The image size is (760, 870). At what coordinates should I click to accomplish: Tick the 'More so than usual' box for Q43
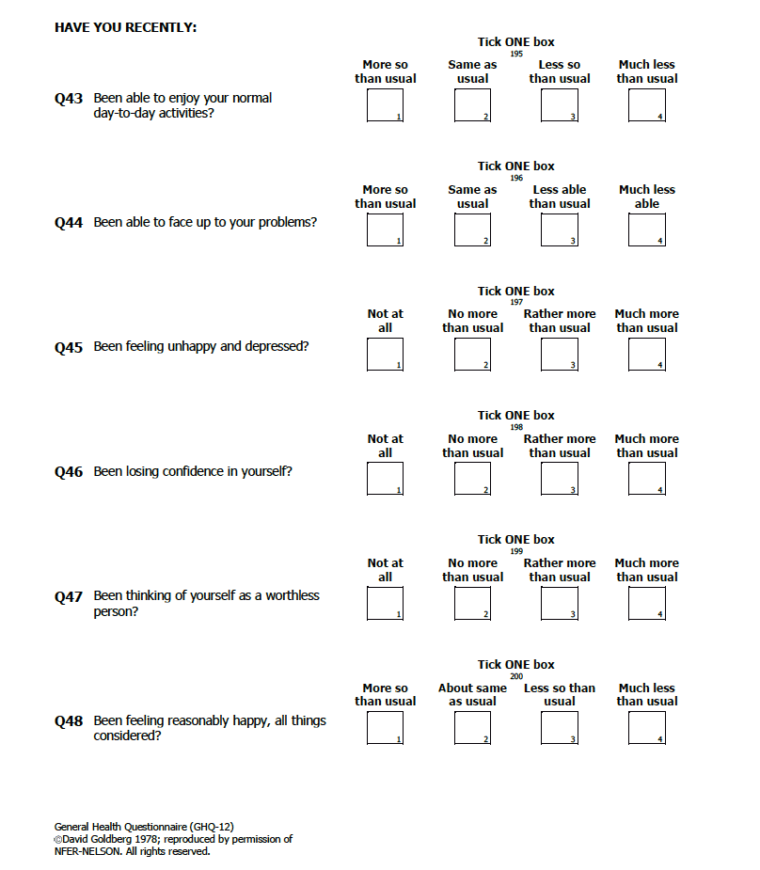[385, 105]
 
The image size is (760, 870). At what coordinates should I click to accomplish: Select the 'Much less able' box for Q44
[647, 229]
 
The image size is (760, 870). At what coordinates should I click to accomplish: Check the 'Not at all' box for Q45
[385, 355]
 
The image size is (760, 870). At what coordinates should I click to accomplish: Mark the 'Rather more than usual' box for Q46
[559, 479]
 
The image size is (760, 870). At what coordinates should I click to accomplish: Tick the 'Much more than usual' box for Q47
[647, 603]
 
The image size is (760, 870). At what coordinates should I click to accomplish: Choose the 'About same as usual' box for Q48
[472, 728]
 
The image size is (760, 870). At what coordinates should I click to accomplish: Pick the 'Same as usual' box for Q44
[472, 229]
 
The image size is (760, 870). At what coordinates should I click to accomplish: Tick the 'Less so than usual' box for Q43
[559, 105]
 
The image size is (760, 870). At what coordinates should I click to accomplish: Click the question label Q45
[69, 348]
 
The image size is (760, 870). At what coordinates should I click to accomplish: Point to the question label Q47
[69, 597]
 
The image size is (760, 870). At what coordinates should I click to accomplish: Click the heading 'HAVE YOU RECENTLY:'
[125, 27]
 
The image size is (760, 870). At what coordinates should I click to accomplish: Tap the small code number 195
[516, 54]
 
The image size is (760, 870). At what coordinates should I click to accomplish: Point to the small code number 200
[516, 676]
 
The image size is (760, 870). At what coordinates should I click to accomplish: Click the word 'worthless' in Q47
[293, 595]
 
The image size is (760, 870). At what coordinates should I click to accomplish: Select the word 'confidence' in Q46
[189, 471]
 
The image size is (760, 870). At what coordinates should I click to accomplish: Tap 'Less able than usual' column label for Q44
[559, 197]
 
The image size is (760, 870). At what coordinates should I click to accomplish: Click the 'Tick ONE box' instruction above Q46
[515, 415]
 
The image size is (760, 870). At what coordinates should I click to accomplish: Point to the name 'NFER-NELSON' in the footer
[87, 851]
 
